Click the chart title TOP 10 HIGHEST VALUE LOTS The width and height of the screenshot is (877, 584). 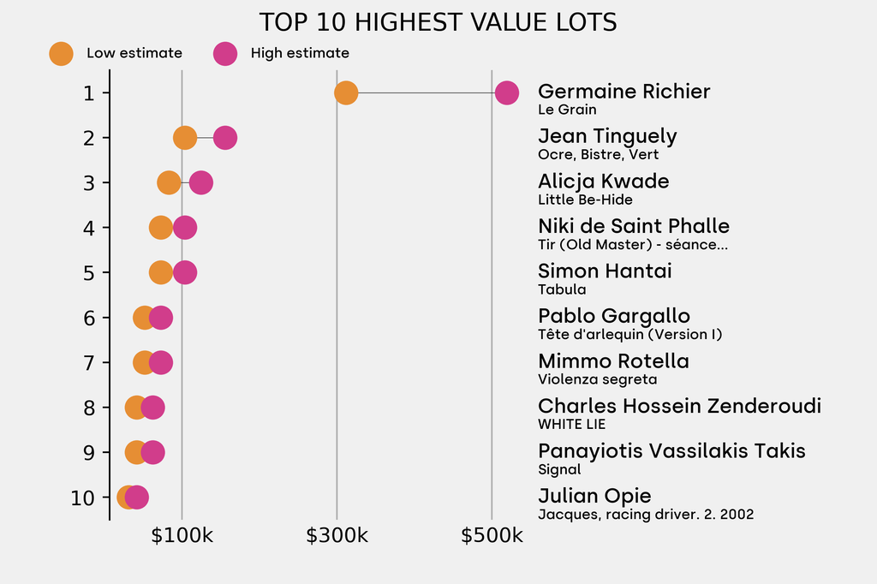tap(438, 22)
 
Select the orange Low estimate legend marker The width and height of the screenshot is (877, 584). tap(61, 53)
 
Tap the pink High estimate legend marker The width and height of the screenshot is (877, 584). tap(225, 53)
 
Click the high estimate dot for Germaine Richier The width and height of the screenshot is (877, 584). tap(506, 92)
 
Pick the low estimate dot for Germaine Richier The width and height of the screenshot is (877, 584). tap(345, 92)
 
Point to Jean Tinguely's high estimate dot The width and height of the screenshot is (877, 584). tap(224, 138)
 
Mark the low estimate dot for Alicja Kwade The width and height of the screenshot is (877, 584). tap(170, 182)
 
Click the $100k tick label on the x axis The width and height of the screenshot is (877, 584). tap(182, 537)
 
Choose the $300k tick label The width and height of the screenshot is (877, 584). tap(337, 537)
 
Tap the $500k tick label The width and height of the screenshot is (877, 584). tap(492, 537)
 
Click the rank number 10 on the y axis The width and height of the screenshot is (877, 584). tap(82, 498)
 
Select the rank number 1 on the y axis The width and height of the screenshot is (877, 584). tap(89, 92)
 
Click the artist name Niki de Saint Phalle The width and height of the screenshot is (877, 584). tap(634, 226)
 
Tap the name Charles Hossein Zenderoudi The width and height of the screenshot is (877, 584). tap(679, 406)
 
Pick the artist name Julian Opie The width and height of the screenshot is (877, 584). tap(594, 496)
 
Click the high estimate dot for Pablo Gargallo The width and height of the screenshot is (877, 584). tap(160, 318)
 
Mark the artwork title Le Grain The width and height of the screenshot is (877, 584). tap(567, 110)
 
